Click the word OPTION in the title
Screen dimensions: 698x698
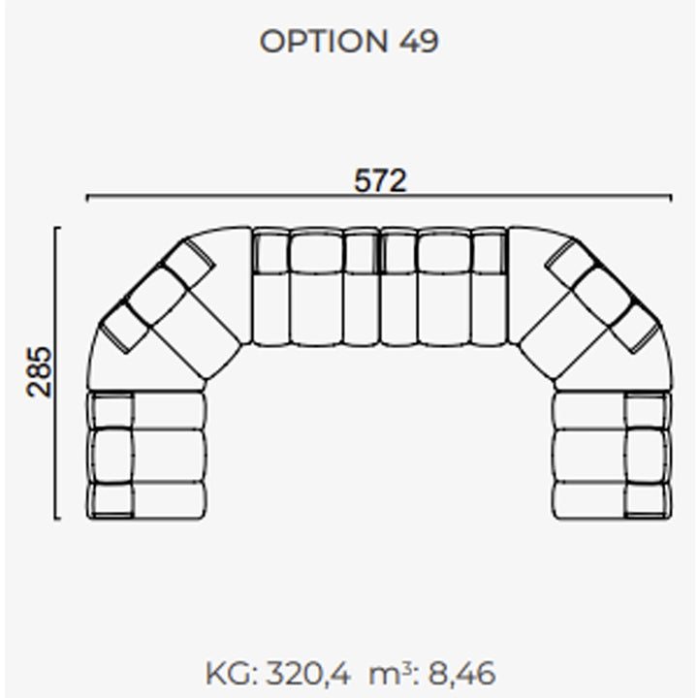coord(324,42)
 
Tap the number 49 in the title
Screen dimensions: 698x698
coord(419,42)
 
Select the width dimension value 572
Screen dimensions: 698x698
coord(380,180)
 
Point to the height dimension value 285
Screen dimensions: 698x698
coord(39,372)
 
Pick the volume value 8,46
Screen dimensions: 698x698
coord(461,674)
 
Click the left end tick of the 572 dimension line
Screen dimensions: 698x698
coord(87,198)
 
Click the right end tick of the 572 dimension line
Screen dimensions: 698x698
coord(671,198)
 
